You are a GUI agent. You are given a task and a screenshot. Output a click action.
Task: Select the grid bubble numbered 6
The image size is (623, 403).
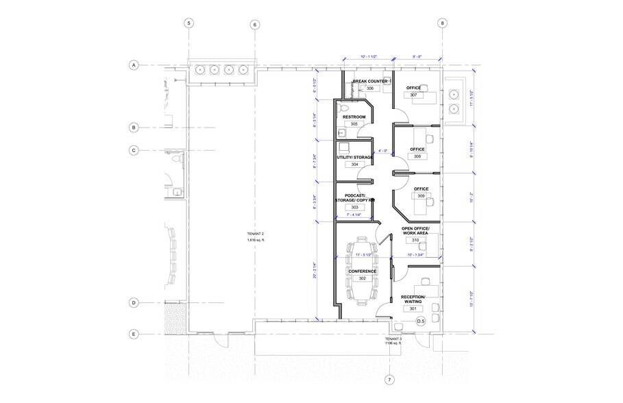pos(255,25)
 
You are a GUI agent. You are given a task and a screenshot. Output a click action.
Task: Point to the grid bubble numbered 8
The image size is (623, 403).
pos(443,23)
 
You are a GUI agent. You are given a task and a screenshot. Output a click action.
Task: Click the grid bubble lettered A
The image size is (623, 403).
pos(134,66)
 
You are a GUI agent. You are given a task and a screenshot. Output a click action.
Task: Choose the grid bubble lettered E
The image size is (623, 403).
pos(134,334)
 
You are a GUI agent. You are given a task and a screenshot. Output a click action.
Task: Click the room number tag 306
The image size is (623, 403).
pos(369,88)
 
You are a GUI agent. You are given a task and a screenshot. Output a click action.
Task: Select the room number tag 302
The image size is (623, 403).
pos(363,279)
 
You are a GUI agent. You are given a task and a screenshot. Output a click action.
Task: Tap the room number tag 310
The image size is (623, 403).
pos(415,241)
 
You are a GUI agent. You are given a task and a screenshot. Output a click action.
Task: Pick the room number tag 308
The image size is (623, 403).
pos(417,156)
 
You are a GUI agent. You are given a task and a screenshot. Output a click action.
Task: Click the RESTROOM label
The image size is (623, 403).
pos(354,117)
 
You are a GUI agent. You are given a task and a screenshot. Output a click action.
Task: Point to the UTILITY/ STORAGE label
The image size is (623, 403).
pos(354,158)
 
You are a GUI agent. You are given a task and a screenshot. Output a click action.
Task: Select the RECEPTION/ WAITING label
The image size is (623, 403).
pos(413,299)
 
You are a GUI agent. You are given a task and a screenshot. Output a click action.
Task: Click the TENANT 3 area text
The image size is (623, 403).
pos(393,341)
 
